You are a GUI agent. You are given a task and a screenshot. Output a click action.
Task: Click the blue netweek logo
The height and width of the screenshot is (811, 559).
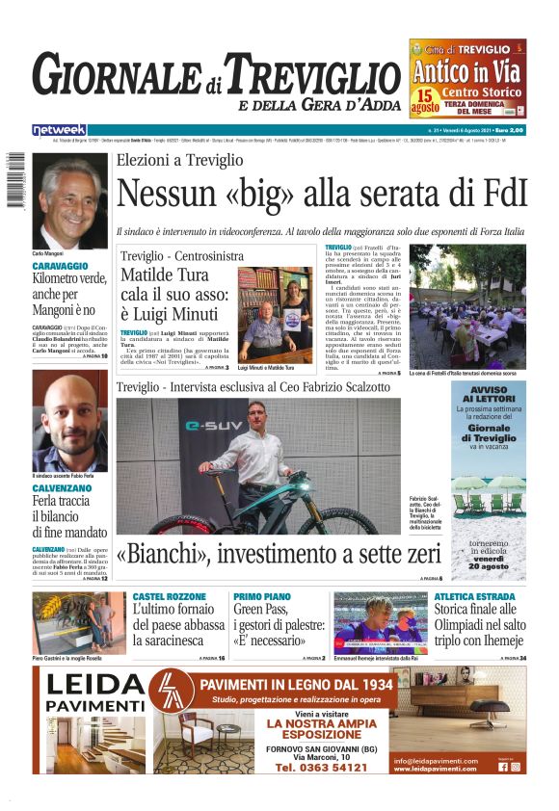tap(59, 129)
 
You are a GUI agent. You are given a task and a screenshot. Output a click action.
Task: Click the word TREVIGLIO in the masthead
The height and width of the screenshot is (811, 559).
tap(305, 77)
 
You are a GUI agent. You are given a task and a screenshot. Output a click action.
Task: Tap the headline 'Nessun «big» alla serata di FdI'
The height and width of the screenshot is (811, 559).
tap(322, 194)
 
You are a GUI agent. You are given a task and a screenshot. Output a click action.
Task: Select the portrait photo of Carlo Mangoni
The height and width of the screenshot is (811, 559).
tap(69, 201)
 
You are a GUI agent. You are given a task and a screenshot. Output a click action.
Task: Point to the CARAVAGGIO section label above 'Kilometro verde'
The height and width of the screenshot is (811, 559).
tap(61, 265)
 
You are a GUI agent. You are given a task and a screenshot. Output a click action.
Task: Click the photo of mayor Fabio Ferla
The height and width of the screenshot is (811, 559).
tap(69, 420)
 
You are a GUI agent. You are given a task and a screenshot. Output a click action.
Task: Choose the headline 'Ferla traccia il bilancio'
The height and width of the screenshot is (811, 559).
tap(69, 516)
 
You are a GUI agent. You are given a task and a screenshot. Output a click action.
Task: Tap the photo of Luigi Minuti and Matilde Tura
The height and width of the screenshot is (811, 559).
tap(274, 315)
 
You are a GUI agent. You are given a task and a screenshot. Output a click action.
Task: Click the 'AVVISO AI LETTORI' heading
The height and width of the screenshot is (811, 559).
tap(489, 394)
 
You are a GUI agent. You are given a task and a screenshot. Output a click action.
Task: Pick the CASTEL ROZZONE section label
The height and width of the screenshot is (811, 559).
tap(169, 597)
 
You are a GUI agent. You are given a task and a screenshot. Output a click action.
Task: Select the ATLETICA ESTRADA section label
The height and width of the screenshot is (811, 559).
tap(474, 597)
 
